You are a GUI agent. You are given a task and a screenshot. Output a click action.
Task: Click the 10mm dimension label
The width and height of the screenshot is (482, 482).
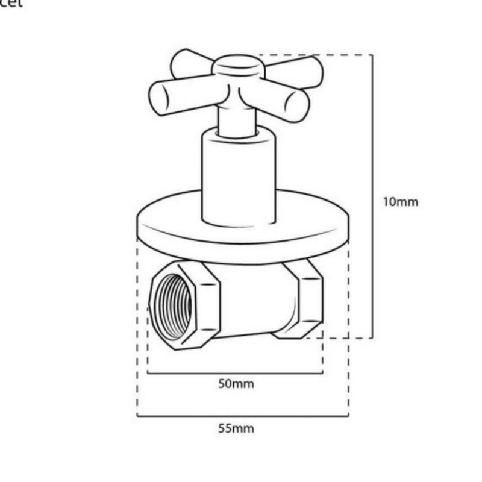point(400,202)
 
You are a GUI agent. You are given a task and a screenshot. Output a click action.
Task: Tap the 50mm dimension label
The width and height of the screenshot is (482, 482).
point(236,384)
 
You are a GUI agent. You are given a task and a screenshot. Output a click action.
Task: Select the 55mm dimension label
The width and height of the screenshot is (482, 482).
point(236,428)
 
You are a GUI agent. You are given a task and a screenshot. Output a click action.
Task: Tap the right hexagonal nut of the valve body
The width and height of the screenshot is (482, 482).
point(305,298)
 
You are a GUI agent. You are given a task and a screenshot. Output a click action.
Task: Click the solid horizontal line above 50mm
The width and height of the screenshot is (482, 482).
point(235,373)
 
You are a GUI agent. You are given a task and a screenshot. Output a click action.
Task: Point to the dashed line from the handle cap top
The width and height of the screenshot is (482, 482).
point(313,55)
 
